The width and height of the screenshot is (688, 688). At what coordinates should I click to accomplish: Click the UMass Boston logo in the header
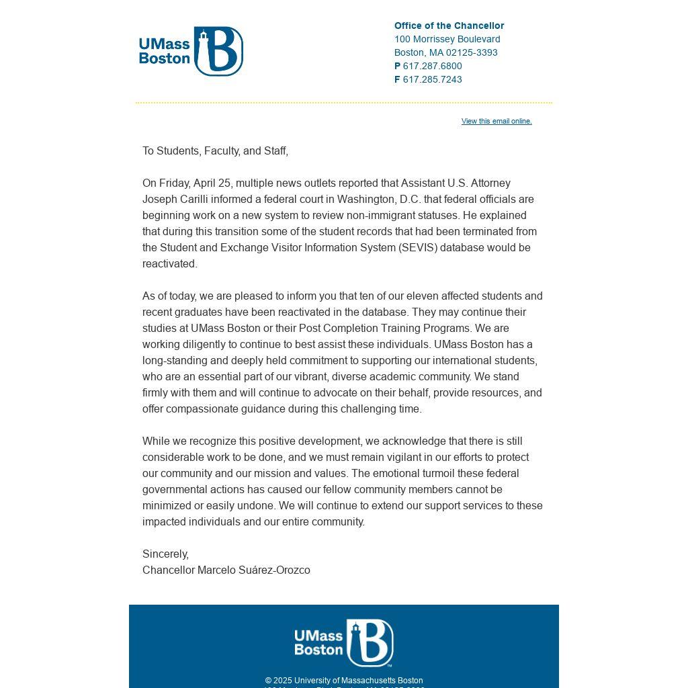click(x=191, y=52)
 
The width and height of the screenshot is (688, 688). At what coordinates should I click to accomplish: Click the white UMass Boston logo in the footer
click(x=343, y=643)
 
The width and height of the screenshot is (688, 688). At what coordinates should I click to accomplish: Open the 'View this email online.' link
click(x=497, y=121)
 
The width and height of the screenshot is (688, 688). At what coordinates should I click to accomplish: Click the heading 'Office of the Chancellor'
click(x=449, y=26)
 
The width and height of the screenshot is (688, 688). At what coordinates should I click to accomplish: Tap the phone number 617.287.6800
click(x=432, y=66)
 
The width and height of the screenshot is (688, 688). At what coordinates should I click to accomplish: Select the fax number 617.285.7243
click(x=432, y=79)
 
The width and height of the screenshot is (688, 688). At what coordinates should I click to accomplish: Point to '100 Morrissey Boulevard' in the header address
click(x=447, y=39)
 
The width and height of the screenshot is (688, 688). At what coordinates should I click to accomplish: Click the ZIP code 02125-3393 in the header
click(x=472, y=52)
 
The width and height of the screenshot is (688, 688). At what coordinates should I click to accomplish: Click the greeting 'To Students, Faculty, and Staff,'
click(x=215, y=151)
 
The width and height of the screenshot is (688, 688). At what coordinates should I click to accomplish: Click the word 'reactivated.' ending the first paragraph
click(x=170, y=264)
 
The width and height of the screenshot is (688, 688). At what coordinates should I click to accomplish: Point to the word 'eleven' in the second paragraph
click(x=422, y=296)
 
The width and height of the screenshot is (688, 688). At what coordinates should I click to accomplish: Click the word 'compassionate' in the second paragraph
click(x=199, y=409)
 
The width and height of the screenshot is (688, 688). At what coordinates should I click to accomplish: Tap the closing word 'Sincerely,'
click(x=165, y=554)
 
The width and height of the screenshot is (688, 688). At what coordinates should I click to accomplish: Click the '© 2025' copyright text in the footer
click(x=278, y=681)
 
